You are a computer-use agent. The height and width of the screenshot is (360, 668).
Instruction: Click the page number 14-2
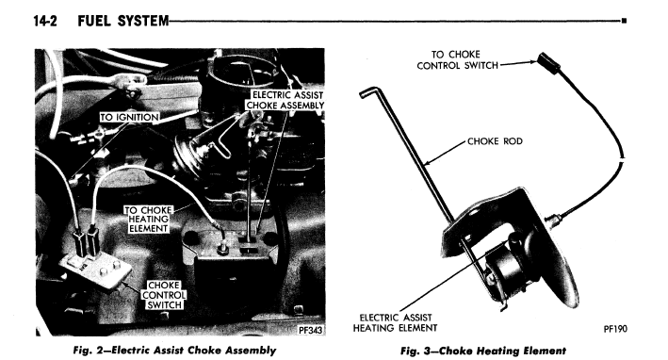point(44,21)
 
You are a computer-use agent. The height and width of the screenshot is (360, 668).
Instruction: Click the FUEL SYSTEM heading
point(123,21)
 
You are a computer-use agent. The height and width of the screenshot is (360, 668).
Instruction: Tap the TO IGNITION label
point(129,117)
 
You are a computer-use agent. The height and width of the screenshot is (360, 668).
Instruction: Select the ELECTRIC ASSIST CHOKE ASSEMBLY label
point(285,100)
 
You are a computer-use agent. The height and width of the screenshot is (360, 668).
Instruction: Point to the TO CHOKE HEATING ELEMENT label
point(148,220)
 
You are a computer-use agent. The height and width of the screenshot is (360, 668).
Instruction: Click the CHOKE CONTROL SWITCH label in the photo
point(165,295)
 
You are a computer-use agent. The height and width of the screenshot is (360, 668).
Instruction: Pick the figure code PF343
point(310,330)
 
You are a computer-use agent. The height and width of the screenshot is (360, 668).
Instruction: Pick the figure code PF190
point(615,329)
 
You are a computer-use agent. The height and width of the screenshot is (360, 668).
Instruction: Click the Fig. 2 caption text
point(174,351)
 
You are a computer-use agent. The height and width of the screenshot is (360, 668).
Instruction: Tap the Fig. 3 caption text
point(483,352)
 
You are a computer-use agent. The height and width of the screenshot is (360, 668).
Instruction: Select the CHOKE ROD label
point(495,141)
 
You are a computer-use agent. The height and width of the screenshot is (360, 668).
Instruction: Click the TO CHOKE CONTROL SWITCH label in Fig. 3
point(457,60)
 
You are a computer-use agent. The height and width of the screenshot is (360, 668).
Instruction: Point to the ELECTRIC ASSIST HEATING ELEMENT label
point(395,323)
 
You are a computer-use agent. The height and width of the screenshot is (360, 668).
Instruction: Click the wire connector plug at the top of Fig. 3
point(548,62)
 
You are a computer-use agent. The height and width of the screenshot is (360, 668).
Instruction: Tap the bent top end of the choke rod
point(369,91)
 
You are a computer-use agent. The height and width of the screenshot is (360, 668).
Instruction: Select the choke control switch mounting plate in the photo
point(95,270)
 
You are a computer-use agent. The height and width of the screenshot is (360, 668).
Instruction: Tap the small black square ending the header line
point(624,21)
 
